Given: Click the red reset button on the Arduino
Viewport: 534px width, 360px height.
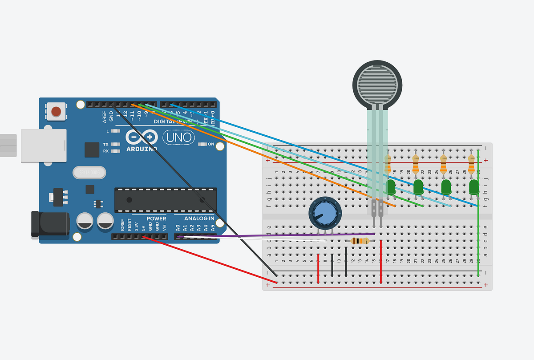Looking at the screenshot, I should [57, 111].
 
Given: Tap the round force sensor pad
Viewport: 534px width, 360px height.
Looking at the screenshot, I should [377, 83].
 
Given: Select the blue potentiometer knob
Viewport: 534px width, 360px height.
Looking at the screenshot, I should [325, 214].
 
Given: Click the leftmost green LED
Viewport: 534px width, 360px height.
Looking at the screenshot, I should [391, 187].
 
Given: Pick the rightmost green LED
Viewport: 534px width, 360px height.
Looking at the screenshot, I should [473, 187].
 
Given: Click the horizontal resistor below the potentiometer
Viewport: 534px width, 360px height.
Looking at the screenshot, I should [360, 241].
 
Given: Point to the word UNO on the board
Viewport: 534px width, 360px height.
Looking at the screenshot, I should [179, 137].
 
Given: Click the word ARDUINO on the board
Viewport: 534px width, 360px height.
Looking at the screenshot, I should [142, 149].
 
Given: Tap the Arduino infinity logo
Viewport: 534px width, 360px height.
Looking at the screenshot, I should [142, 137].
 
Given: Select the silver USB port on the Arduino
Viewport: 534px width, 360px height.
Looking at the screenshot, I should [44, 146].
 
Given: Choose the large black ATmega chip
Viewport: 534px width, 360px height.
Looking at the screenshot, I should [166, 200].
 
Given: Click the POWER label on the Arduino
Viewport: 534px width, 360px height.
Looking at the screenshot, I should [156, 218].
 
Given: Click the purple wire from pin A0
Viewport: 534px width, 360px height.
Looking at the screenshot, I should [276, 235].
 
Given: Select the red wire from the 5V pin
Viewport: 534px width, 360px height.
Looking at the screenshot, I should [209, 260].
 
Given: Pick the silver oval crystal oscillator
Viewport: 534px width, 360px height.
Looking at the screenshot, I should [89, 172].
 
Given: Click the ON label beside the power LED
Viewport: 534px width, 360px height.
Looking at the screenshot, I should [211, 144].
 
